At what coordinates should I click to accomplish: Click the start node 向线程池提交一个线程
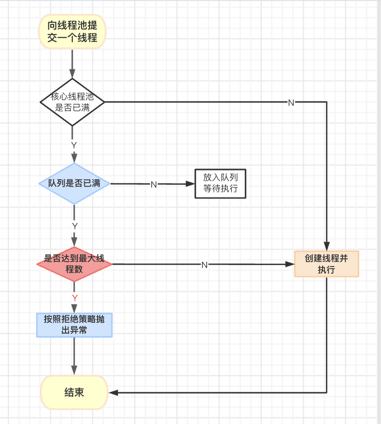pos(72,32)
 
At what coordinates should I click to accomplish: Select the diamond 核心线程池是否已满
pos(72,102)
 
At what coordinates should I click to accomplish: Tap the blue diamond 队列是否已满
pos(74,184)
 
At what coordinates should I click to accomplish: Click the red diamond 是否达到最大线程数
pos(74,264)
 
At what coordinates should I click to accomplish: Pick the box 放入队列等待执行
pos(220,184)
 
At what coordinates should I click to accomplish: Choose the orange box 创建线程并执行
pos(326,264)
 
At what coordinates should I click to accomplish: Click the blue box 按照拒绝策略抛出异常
pos(74,325)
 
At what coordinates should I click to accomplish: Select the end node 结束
pos(74,392)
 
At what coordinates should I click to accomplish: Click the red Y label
pos(75,298)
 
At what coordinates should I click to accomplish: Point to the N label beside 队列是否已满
pos(154,184)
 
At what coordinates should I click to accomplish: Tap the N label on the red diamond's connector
pos(204,265)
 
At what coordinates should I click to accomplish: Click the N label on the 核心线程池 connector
pos(291,103)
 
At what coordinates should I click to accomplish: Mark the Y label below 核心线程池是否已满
pos(74,145)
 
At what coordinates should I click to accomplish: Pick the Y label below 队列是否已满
pos(75,226)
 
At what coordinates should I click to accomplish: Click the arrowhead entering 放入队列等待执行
pos(190,184)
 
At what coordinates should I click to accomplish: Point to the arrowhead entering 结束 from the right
pos(113,392)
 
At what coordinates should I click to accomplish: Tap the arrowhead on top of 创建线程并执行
pos(326,246)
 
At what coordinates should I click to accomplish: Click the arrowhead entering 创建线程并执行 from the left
pos(290,264)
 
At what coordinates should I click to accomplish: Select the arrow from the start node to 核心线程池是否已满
pos(72,64)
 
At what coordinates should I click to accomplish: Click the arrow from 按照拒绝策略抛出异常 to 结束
pos(74,356)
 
